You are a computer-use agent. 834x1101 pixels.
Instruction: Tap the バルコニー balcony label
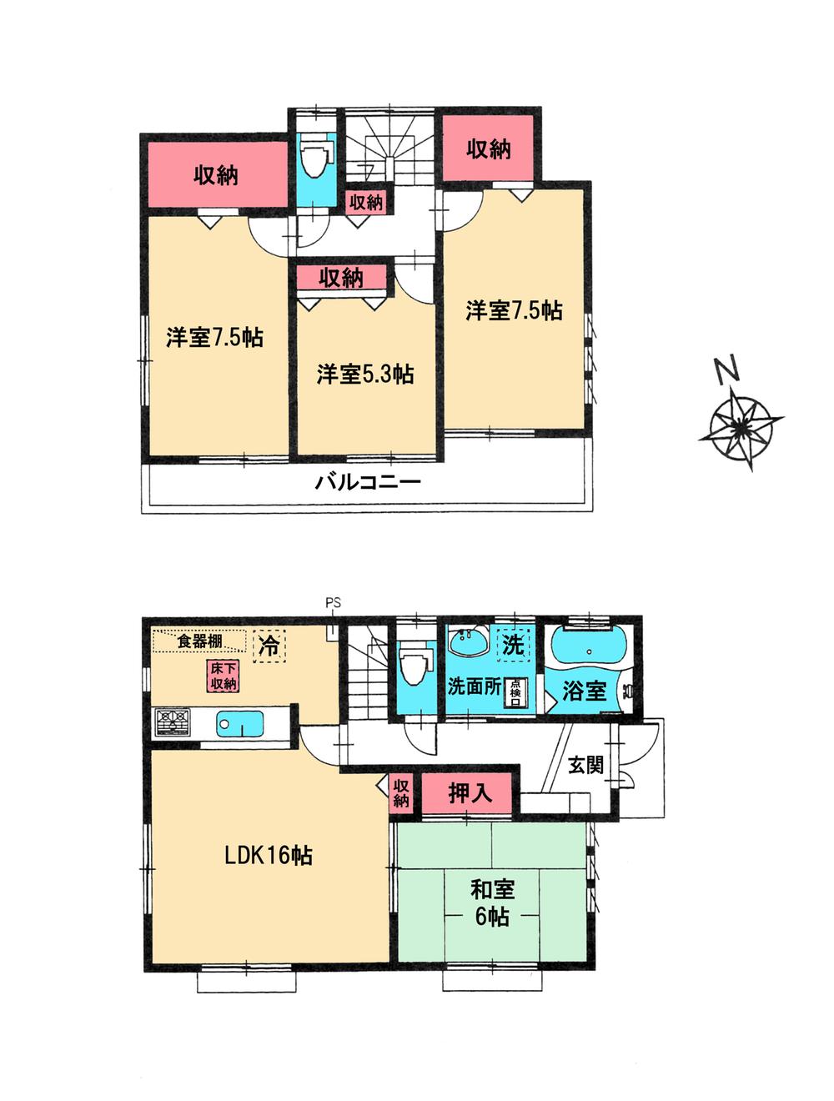pyautogui.click(x=367, y=482)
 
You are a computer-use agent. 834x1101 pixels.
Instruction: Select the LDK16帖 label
pyautogui.click(x=268, y=855)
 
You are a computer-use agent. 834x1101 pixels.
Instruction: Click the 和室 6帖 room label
pyautogui.click(x=492, y=902)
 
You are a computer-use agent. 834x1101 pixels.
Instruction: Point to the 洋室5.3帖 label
pyautogui.click(x=364, y=374)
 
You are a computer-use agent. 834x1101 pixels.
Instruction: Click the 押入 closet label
pyautogui.click(x=470, y=793)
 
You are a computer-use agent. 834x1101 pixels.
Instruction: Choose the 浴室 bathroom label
pyautogui.click(x=583, y=691)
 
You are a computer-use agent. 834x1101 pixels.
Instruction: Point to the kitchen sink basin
pyautogui.click(x=240, y=722)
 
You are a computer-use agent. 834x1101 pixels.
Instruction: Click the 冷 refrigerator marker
pyautogui.click(x=269, y=646)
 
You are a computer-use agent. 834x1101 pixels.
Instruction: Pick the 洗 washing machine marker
pyautogui.click(x=513, y=644)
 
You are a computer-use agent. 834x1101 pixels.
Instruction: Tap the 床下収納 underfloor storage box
pyautogui.click(x=221, y=675)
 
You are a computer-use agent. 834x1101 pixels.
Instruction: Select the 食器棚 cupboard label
pyautogui.click(x=200, y=641)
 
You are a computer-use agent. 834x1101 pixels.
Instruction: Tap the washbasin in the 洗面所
pyautogui.click(x=469, y=644)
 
